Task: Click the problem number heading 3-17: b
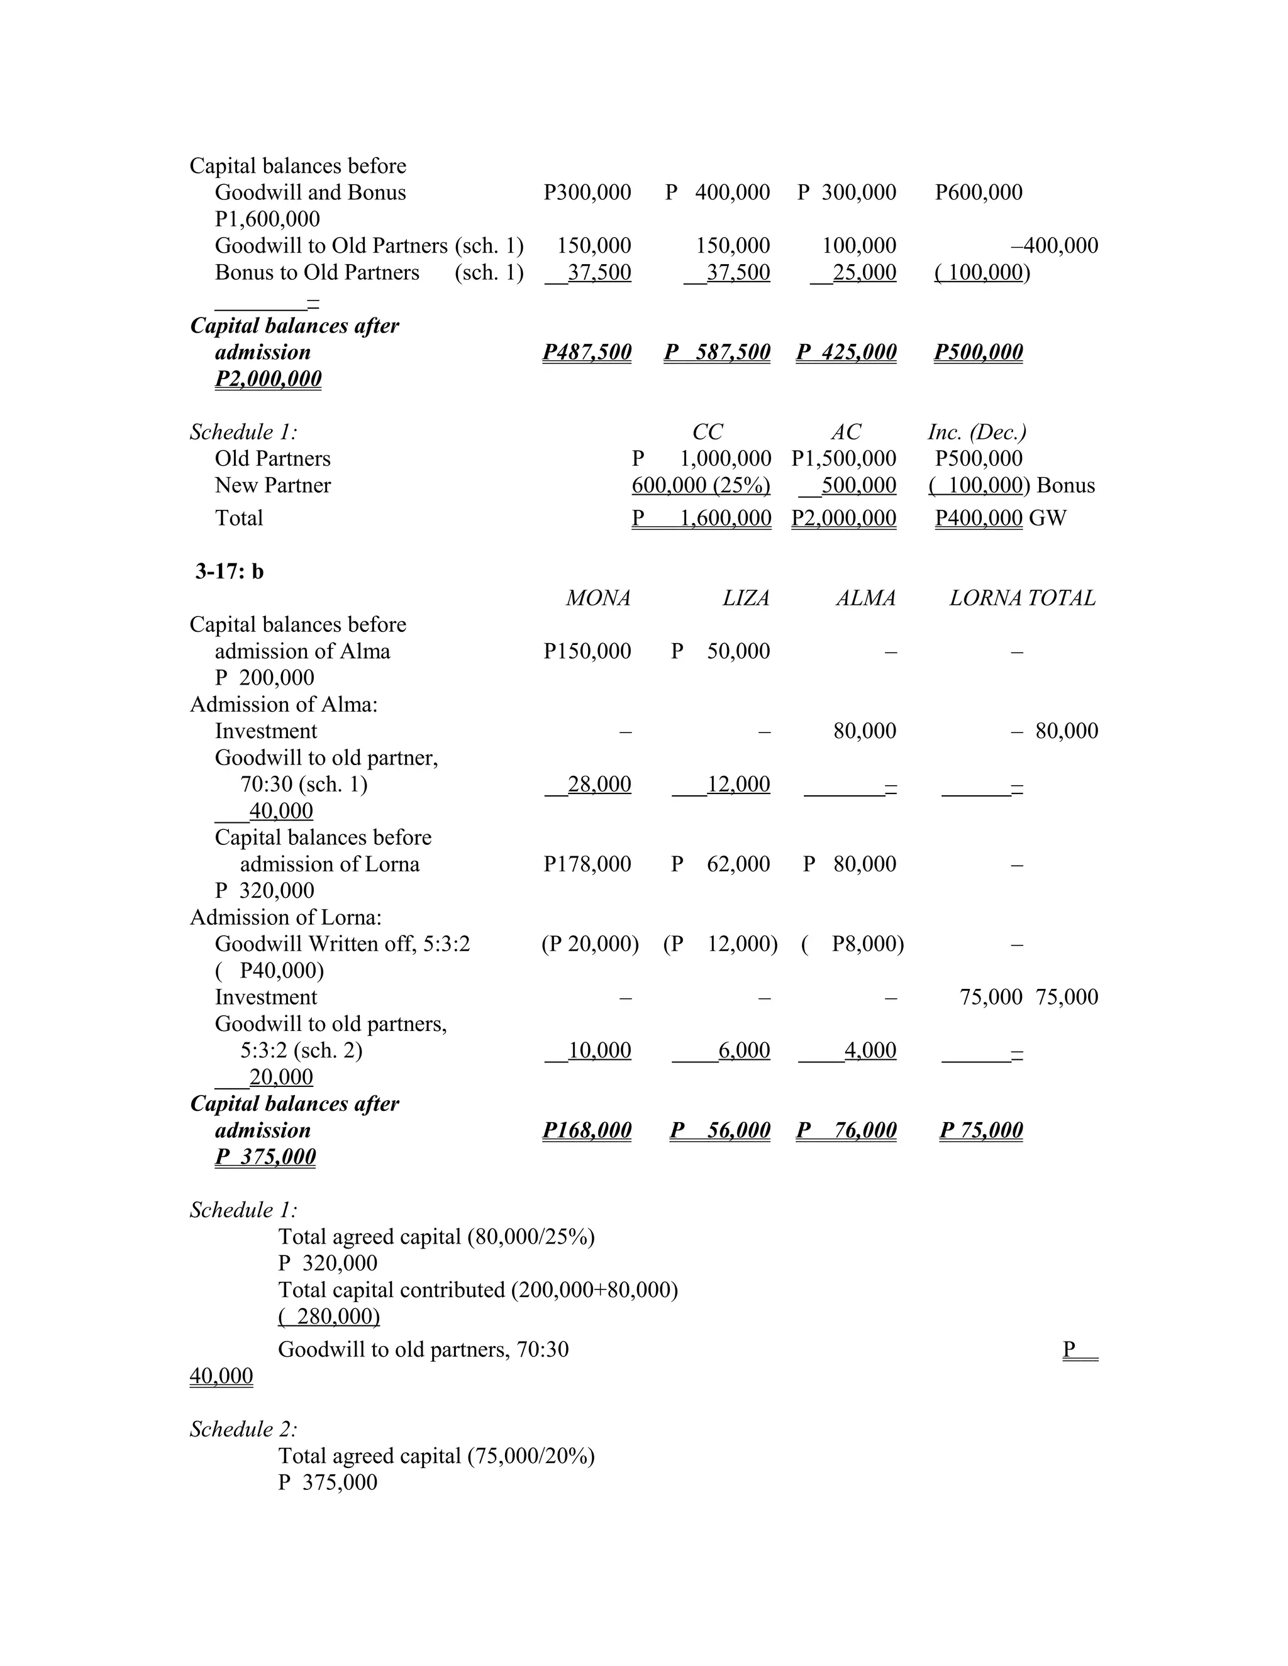pyautogui.click(x=229, y=571)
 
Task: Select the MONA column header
pyautogui.click(x=597, y=598)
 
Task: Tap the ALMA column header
pyautogui.click(x=865, y=598)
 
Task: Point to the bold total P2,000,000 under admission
pyautogui.click(x=268, y=378)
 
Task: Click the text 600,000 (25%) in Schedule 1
pyautogui.click(x=701, y=485)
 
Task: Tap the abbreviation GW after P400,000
pyautogui.click(x=1047, y=518)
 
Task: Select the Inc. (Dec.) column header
pyautogui.click(x=977, y=432)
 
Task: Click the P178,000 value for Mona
pyautogui.click(x=587, y=864)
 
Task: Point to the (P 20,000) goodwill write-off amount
pyautogui.click(x=590, y=944)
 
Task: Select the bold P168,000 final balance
pyautogui.click(x=587, y=1130)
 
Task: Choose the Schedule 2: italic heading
pyautogui.click(x=243, y=1429)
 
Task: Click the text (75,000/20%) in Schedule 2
pyautogui.click(x=531, y=1455)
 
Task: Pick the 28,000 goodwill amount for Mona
pyautogui.click(x=599, y=784)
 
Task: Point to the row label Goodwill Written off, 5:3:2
pyautogui.click(x=343, y=944)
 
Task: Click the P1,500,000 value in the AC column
pyautogui.click(x=843, y=458)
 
